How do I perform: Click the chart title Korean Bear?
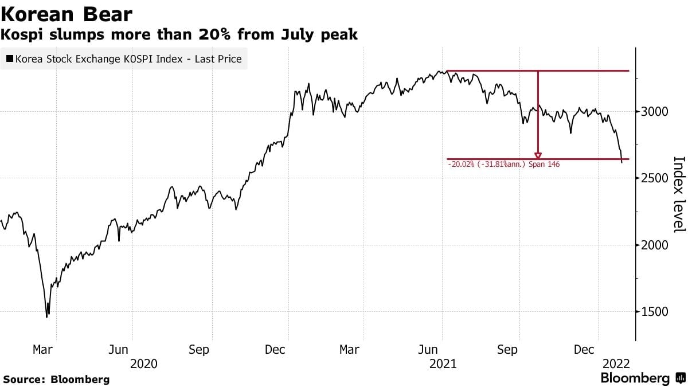(x=67, y=14)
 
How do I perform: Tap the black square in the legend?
(x=10, y=58)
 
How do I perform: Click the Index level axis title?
(x=678, y=194)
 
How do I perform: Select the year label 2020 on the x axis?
(x=144, y=363)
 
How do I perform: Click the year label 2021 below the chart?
(x=443, y=363)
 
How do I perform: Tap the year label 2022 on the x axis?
(x=616, y=363)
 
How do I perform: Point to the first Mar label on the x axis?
(x=43, y=349)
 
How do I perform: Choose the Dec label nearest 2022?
(x=585, y=349)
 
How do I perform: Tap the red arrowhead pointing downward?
(x=538, y=155)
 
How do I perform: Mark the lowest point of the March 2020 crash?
(x=47, y=316)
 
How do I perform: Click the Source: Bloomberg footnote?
(x=56, y=379)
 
